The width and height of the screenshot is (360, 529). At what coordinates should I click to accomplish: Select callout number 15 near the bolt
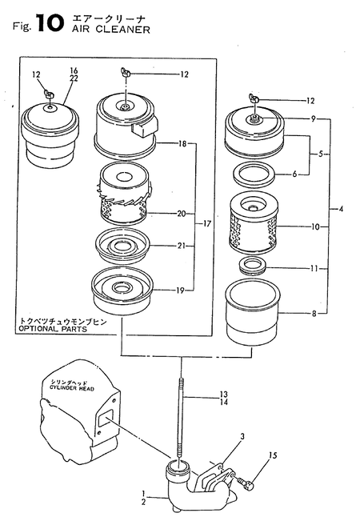[273, 456]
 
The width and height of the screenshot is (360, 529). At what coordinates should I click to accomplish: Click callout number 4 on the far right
[340, 210]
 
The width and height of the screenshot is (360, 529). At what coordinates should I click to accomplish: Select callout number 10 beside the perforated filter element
[315, 227]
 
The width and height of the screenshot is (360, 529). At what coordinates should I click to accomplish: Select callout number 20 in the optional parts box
[181, 213]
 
